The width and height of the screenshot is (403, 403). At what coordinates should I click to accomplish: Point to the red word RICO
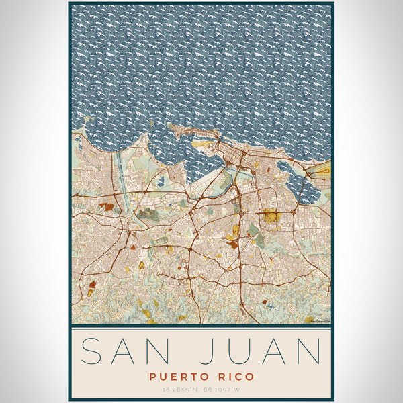(236, 377)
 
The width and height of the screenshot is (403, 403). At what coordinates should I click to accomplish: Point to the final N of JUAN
(310, 352)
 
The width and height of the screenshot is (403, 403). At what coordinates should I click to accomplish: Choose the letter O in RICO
(250, 377)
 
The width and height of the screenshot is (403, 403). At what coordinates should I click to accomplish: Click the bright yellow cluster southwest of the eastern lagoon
(271, 216)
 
